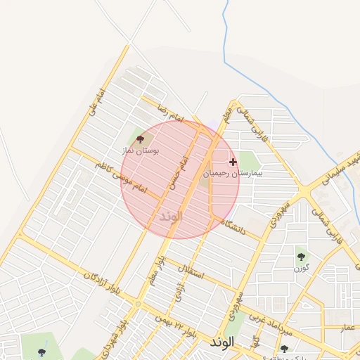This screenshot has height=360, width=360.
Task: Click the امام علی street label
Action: tap(92, 103)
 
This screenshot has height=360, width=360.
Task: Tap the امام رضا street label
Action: tap(155, 105)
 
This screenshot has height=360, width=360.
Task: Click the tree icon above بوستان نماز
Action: tap(139, 141)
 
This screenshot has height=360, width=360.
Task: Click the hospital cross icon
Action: tap(233, 162)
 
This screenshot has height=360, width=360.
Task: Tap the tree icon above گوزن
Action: tap(301, 257)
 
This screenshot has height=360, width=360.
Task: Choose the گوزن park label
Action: tap(301, 268)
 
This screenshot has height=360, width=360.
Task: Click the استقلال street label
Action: tap(191, 269)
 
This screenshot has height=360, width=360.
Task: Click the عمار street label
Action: tap(347, 328)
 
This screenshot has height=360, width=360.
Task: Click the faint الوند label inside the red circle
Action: tap(171, 216)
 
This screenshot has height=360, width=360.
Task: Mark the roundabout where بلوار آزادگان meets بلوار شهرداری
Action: tap(139, 304)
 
